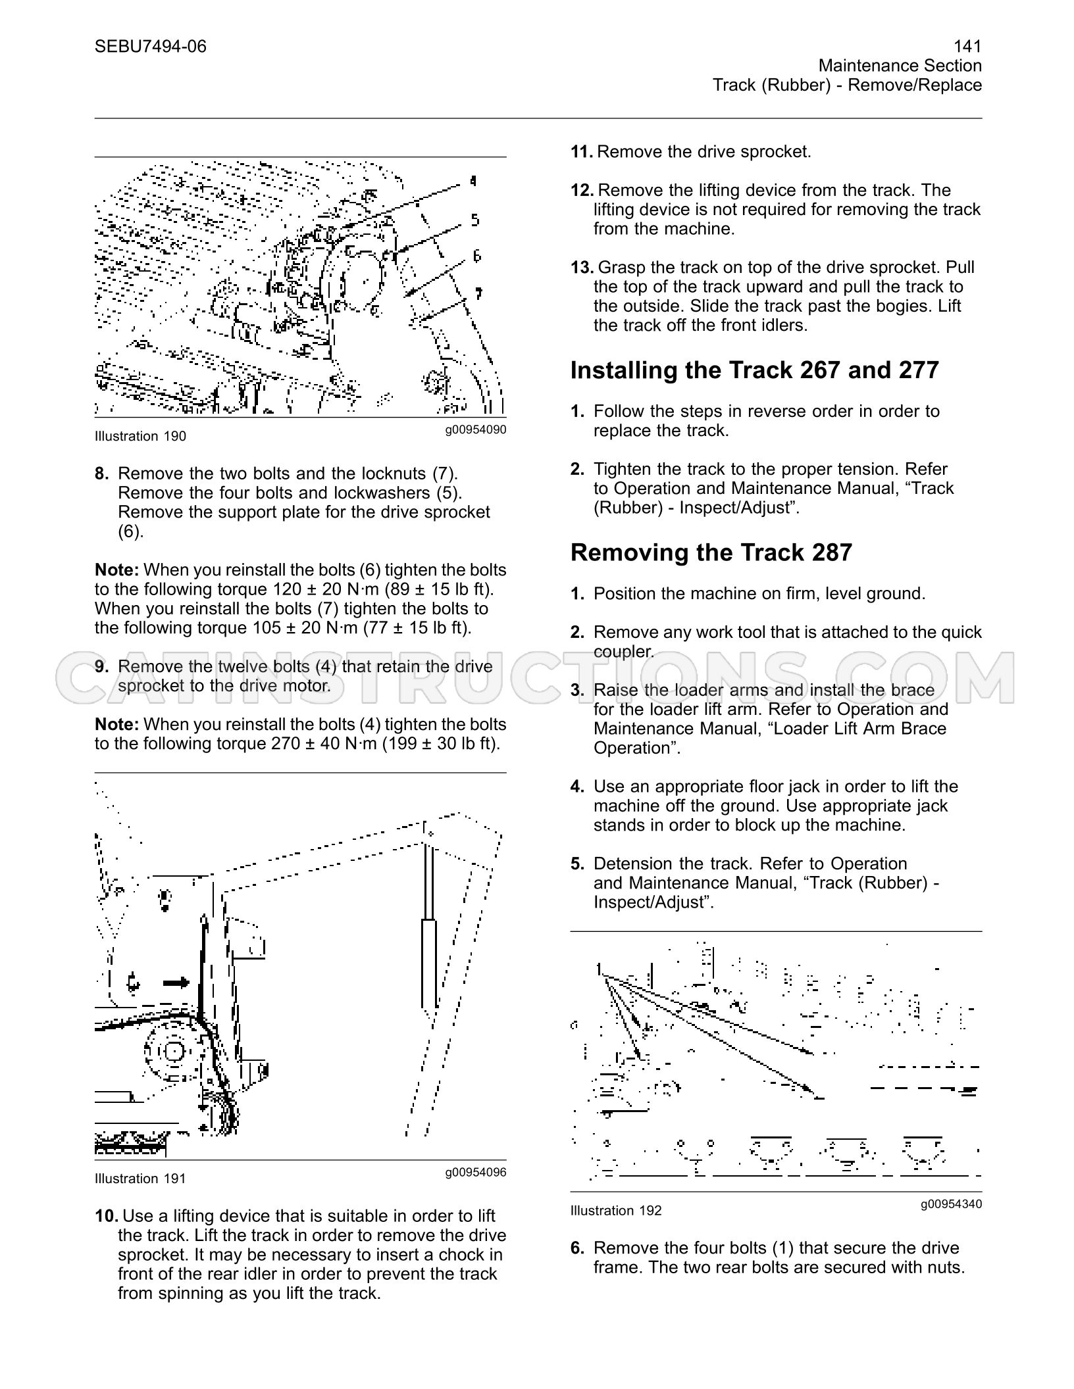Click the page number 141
pos(967,46)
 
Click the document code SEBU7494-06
pos(150,46)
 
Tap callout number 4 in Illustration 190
pos(473,181)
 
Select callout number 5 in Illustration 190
pos(475,220)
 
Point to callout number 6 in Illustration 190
pos(477,255)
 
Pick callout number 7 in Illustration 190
pos(478,293)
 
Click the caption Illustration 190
pos(140,436)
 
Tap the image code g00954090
pos(476,430)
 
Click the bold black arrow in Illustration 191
pos(176,983)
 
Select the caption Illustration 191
pos(140,1179)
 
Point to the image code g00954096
pos(476,1173)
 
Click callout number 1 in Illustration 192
pos(599,969)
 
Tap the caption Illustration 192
pos(616,1211)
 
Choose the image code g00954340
pos(952,1204)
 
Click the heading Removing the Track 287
pos(711,552)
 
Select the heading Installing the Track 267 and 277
pos(755,370)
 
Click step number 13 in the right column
pos(582,268)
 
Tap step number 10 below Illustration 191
pos(107,1216)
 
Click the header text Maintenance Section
pos(900,66)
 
